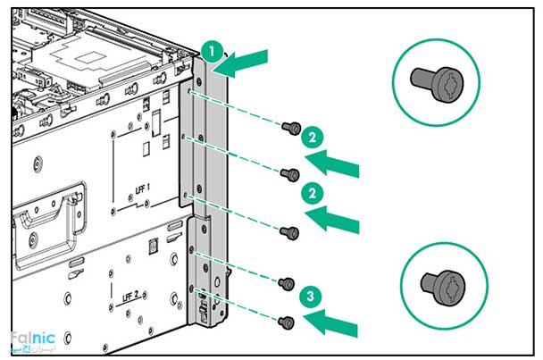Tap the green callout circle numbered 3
(309, 295)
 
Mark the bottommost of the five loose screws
(286, 322)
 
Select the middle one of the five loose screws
(288, 233)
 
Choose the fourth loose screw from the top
(286, 284)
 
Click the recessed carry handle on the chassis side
(49, 215)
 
